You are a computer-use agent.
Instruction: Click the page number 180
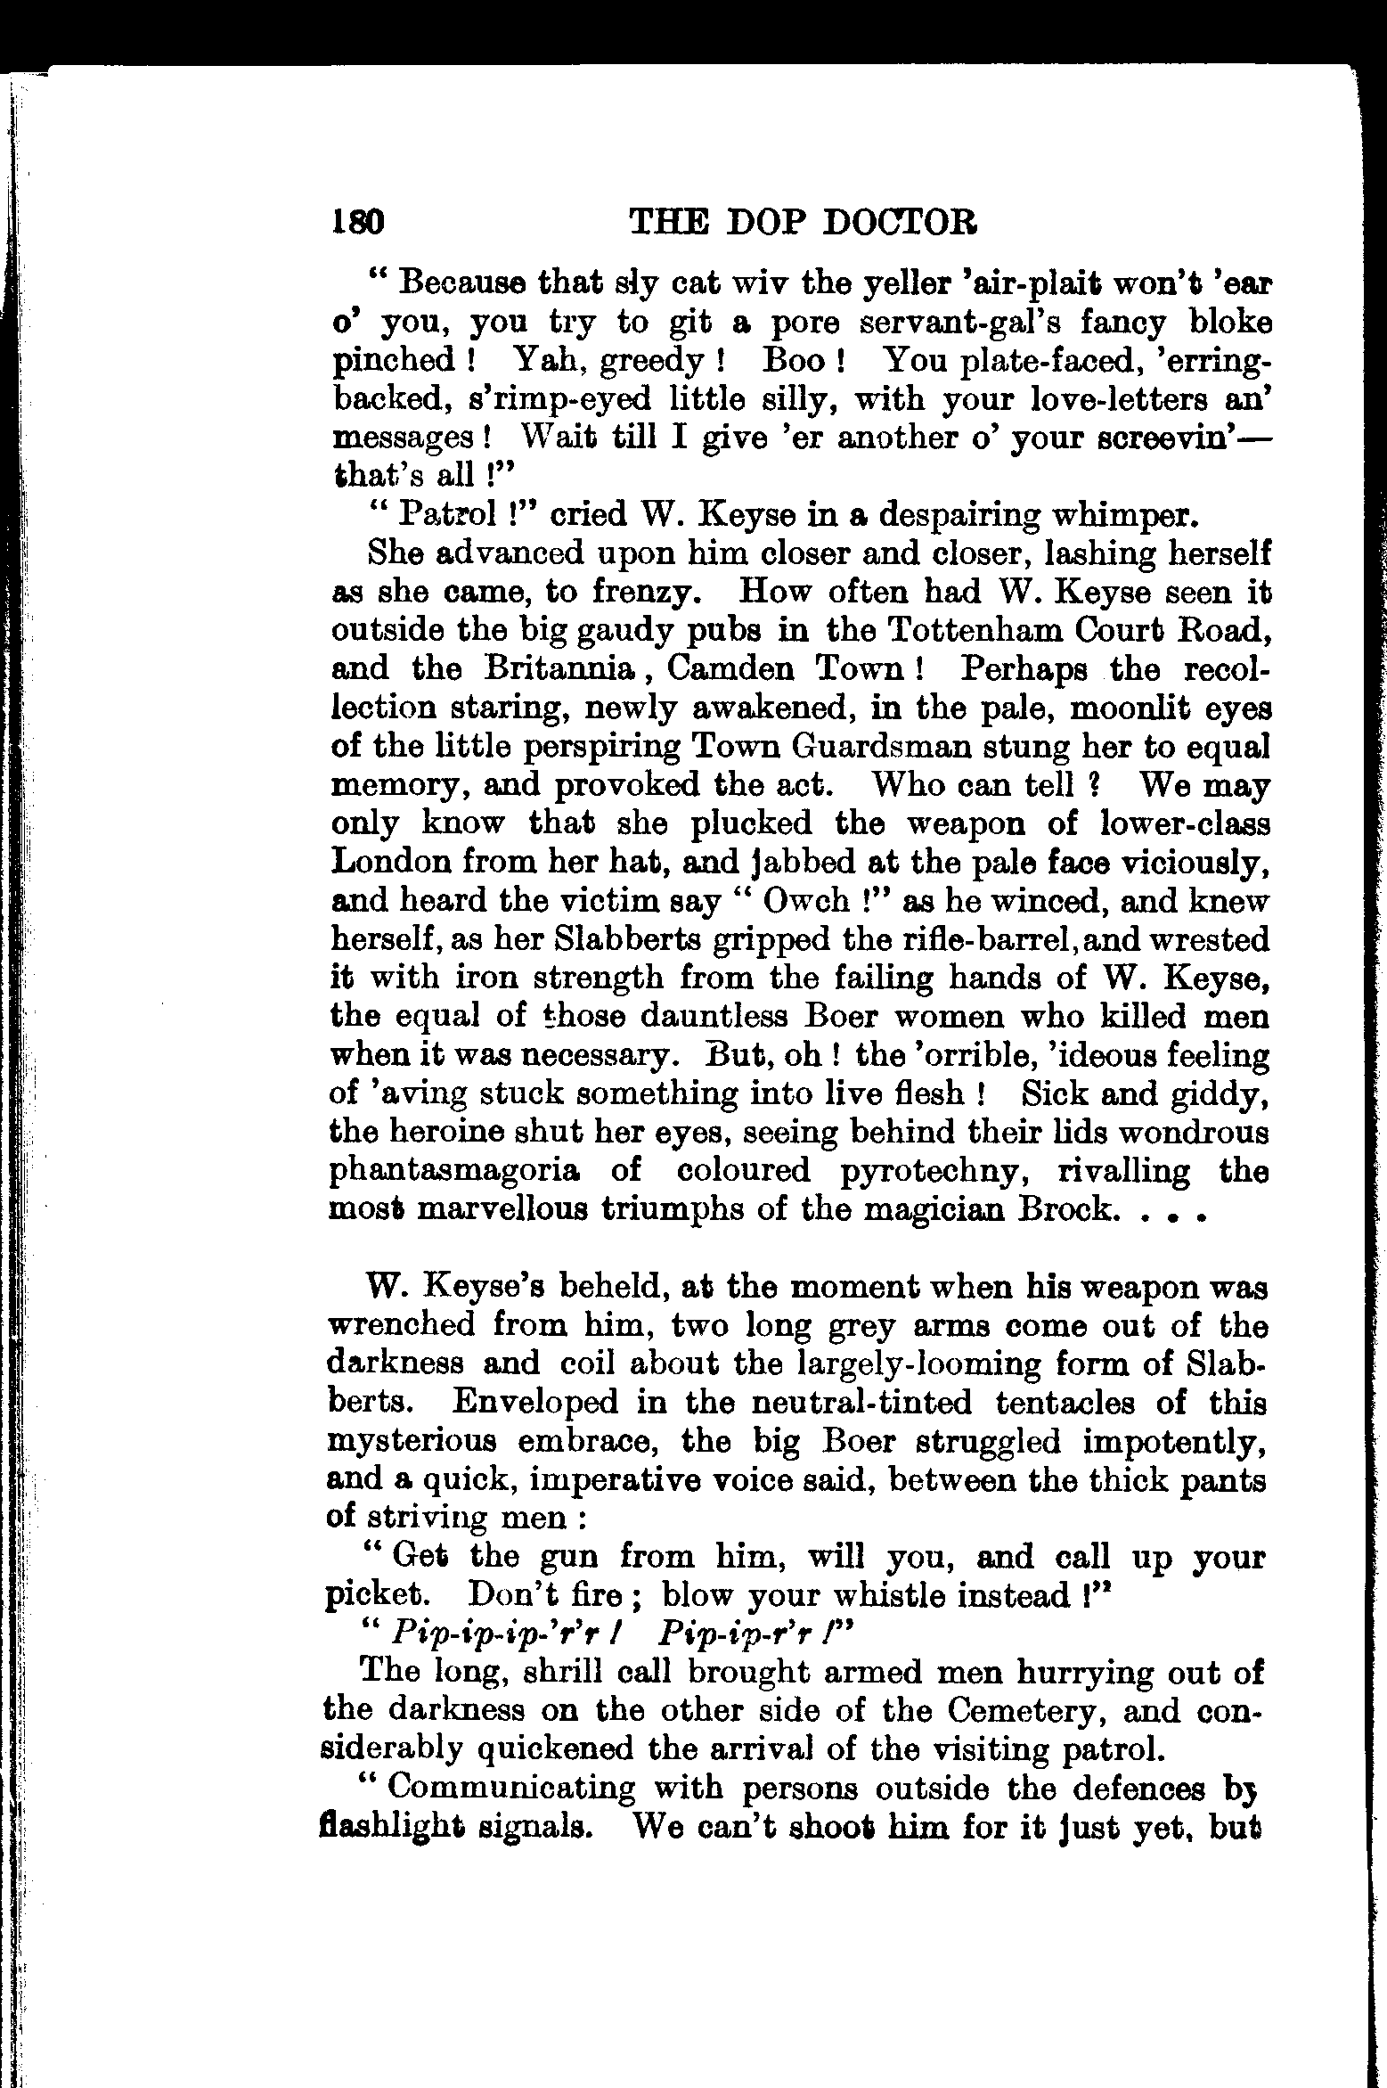pyautogui.click(x=356, y=221)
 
